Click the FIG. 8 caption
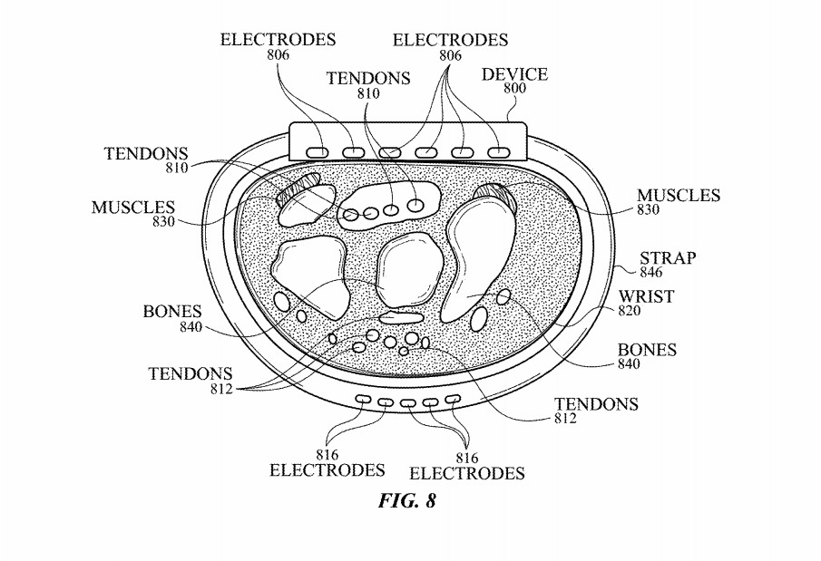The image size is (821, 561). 406,501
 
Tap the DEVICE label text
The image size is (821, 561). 514,73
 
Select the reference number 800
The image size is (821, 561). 514,88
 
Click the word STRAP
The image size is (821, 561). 667,258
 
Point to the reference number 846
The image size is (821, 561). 650,272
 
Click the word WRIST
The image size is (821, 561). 645,296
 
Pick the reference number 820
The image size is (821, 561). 630,310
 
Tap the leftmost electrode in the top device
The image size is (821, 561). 318,150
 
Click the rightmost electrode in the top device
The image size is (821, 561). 498,150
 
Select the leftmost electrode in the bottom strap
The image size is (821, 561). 363,399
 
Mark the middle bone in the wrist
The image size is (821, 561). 409,269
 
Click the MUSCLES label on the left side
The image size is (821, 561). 132,208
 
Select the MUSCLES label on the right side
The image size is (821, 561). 678,196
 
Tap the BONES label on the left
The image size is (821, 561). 171,312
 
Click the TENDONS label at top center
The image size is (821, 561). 368,79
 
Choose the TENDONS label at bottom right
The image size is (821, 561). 596,404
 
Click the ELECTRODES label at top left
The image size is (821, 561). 278,40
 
